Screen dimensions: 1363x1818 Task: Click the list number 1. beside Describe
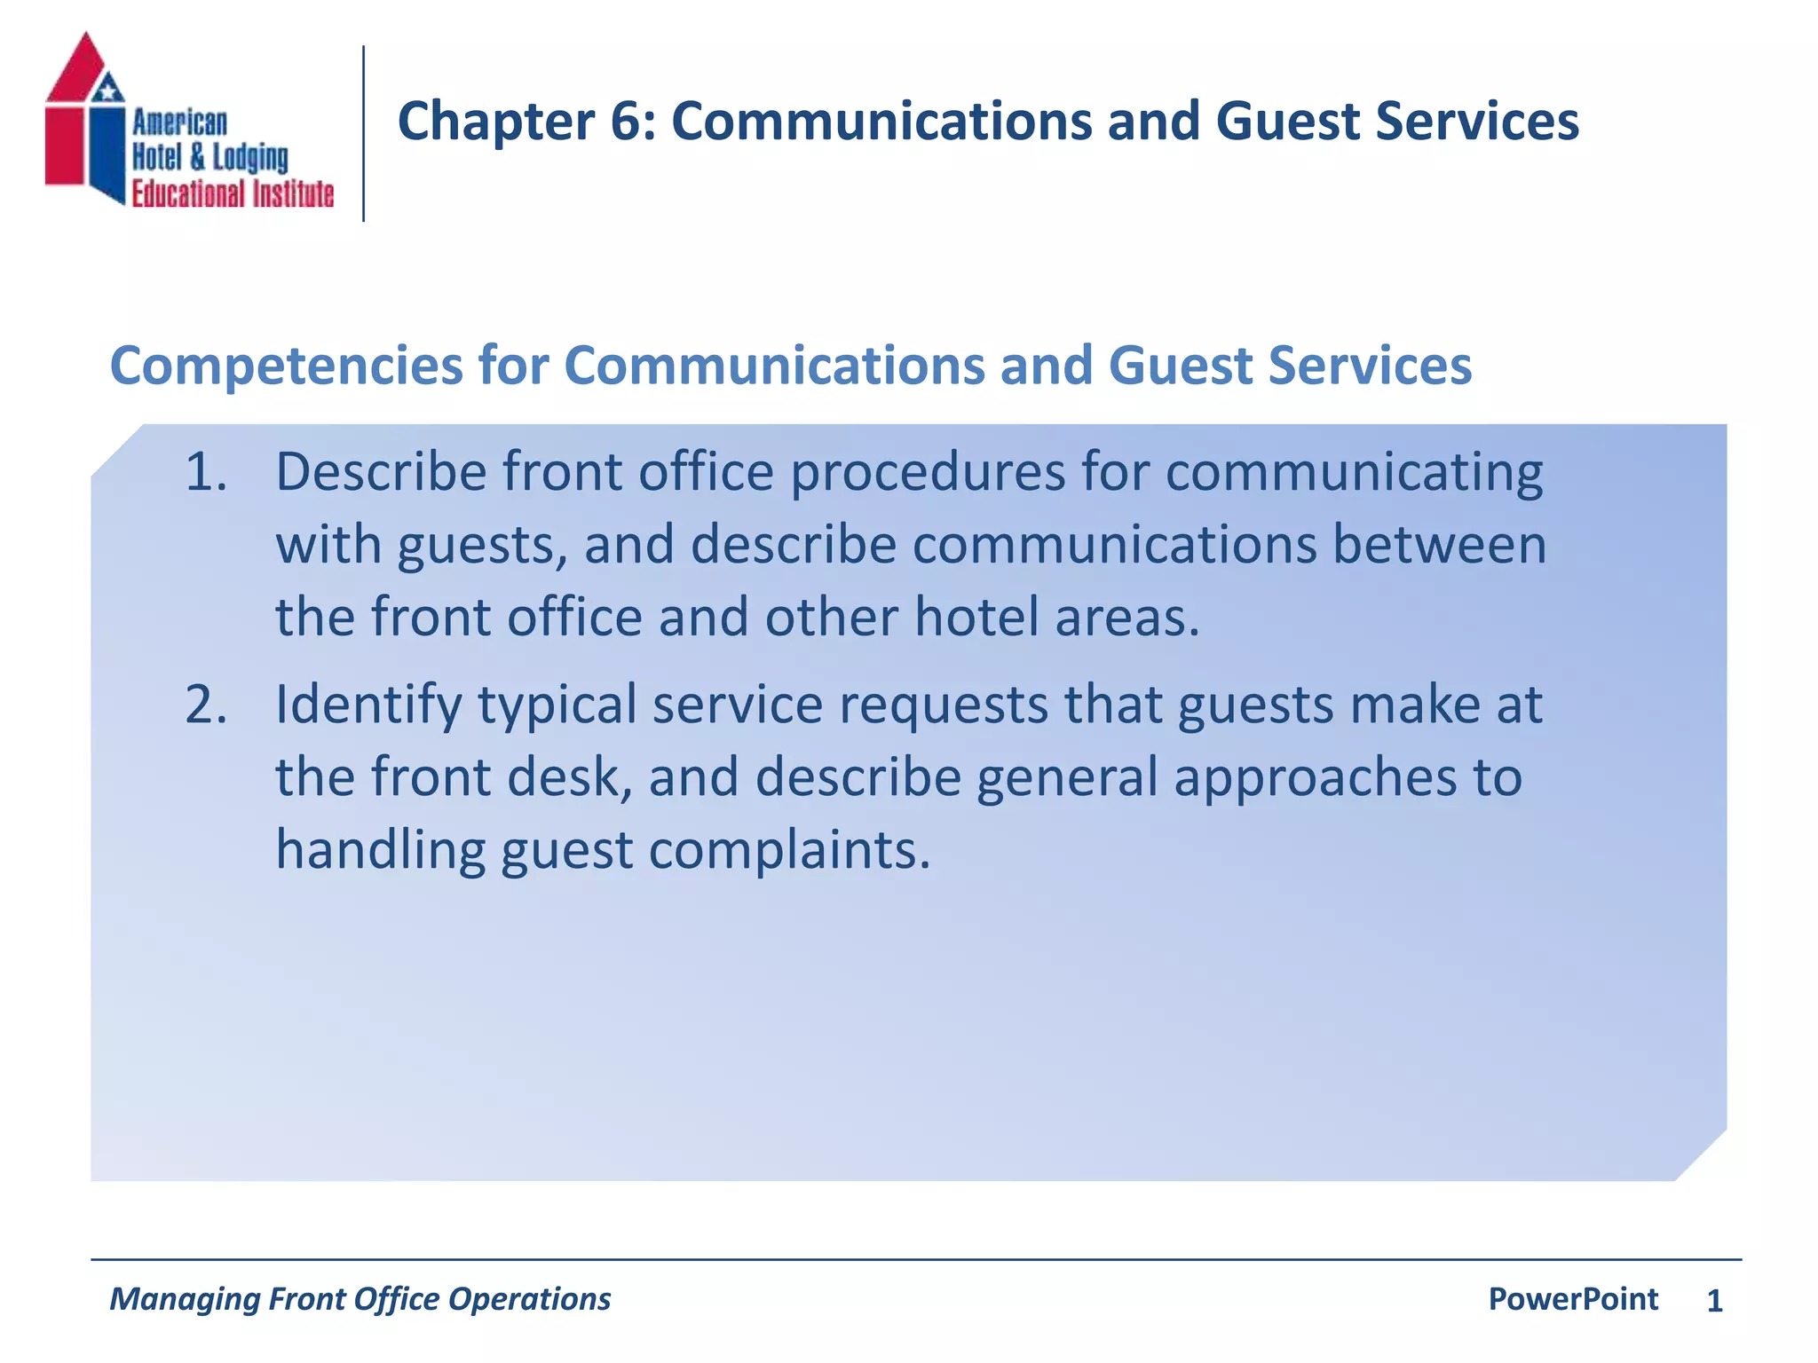[205, 472]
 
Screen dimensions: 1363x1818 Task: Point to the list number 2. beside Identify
[205, 705]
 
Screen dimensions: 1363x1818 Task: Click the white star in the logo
[108, 89]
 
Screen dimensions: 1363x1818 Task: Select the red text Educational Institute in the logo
[233, 194]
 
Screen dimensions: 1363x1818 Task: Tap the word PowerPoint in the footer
[1572, 1300]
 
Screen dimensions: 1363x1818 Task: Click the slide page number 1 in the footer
[1714, 1302]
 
